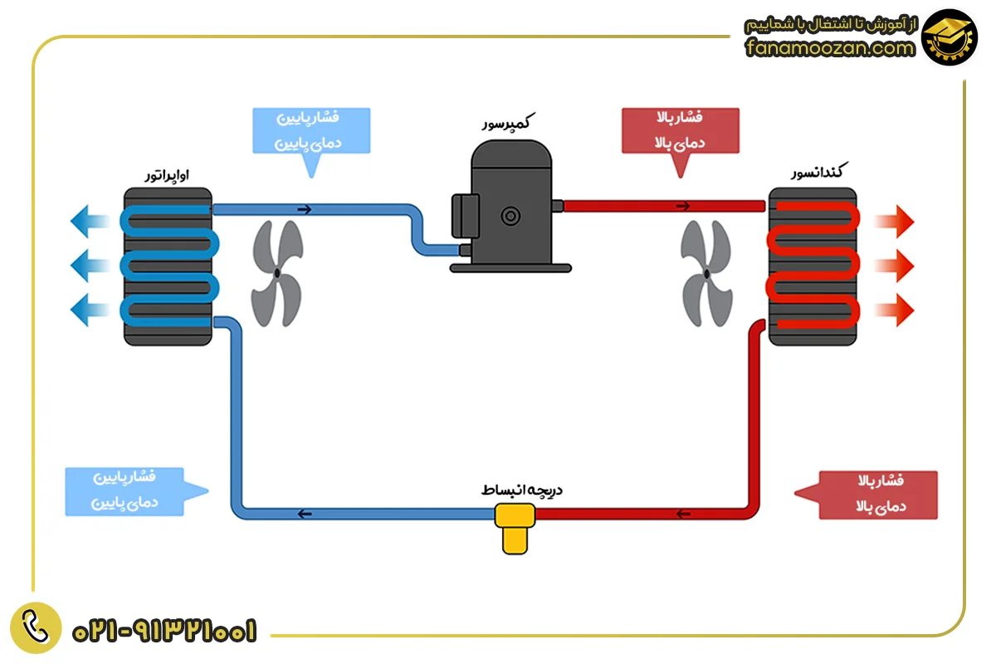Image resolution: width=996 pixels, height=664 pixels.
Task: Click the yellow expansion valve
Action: point(515,528)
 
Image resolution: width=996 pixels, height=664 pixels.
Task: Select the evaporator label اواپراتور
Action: point(167,175)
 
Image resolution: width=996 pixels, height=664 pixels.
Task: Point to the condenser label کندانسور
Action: point(819,171)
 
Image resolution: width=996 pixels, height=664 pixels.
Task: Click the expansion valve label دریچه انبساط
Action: point(522,490)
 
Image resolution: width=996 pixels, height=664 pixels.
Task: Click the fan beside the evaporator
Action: point(277,273)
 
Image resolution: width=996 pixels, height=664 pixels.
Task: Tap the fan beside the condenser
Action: point(706,273)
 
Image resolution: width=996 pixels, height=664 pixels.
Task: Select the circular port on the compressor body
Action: point(510,217)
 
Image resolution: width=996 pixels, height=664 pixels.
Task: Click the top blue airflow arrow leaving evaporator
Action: point(90,221)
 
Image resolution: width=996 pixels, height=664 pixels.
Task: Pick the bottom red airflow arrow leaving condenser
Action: point(895,310)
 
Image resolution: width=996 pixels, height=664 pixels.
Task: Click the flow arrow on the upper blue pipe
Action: point(305,209)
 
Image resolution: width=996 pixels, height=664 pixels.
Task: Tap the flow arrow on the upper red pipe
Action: point(683,206)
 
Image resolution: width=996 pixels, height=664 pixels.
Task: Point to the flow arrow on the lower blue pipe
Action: point(305,514)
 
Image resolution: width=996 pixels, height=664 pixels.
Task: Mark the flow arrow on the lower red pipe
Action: point(683,514)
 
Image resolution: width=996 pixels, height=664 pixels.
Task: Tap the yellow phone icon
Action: point(36,627)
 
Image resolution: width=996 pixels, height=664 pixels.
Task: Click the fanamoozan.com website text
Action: point(830,47)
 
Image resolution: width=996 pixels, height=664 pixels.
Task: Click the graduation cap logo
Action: point(949,37)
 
